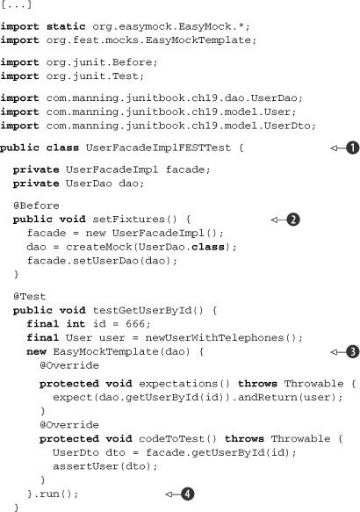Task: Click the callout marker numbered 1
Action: point(352,148)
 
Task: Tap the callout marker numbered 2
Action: point(293,220)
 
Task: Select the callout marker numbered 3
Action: point(352,351)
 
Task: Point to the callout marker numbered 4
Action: point(187,494)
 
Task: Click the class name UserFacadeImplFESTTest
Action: point(158,148)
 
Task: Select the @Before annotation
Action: point(36,206)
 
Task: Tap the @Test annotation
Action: point(29,296)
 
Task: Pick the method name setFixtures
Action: point(128,219)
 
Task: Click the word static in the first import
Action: point(66,26)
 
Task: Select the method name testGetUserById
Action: point(142,310)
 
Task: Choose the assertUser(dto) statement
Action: point(105,466)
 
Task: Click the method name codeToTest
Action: point(171,438)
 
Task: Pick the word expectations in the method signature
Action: point(178,384)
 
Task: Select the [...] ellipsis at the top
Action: point(16,4)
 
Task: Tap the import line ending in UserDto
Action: point(158,126)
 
